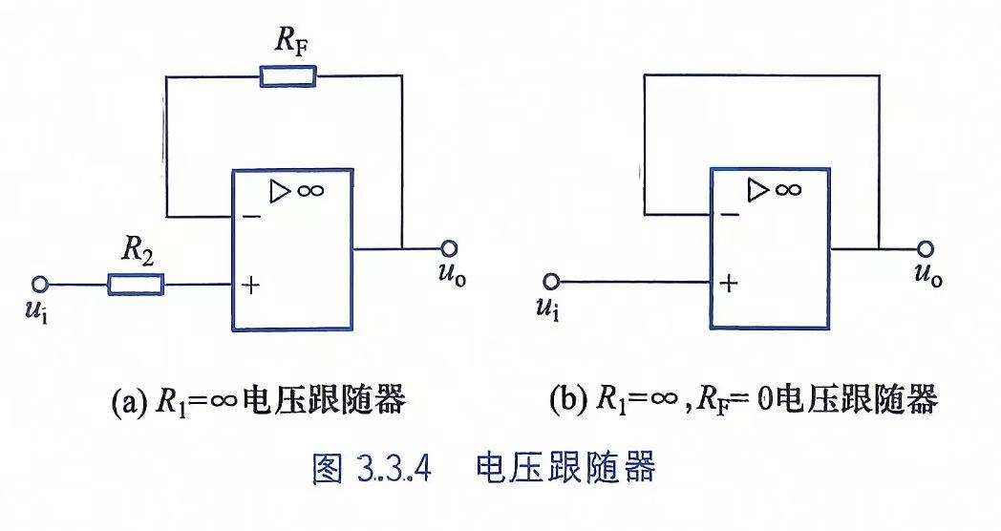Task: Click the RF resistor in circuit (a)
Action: tap(288, 76)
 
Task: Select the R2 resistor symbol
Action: tap(136, 284)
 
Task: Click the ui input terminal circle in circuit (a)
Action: tap(41, 284)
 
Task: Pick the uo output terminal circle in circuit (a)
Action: tap(450, 248)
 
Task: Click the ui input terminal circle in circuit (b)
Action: tap(551, 281)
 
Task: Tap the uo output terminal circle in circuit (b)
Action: tap(925, 249)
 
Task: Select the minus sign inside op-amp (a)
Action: tap(251, 217)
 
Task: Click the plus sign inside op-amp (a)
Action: tap(251, 285)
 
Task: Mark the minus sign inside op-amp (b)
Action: tap(730, 215)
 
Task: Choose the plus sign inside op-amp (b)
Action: tap(729, 283)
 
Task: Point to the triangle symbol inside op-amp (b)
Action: tap(757, 189)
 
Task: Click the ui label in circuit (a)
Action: tap(35, 310)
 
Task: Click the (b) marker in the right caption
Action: tap(568, 399)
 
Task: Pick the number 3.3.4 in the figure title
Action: tap(390, 469)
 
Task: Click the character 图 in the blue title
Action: tap(329, 469)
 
